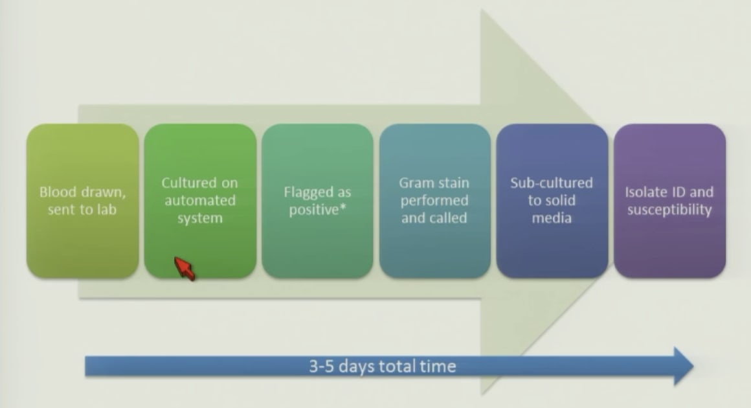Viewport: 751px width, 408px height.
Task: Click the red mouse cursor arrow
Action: (x=185, y=268)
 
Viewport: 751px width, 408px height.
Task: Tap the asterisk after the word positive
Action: (x=342, y=207)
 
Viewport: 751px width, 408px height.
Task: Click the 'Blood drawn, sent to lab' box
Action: (x=83, y=201)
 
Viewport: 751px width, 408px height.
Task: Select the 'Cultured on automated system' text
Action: (x=199, y=200)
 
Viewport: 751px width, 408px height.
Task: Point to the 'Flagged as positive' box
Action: (x=317, y=201)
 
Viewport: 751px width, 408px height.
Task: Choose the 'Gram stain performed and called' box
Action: (x=435, y=201)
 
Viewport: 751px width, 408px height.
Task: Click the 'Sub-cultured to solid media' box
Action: (x=552, y=201)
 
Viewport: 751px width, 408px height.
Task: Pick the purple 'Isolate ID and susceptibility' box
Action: (x=669, y=201)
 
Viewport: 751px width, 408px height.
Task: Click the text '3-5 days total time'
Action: (x=382, y=367)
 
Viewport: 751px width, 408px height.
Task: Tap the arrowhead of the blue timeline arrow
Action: (x=684, y=367)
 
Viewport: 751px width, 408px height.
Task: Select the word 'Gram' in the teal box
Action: (x=415, y=183)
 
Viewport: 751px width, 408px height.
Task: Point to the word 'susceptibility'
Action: (x=669, y=210)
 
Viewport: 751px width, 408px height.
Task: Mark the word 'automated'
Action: (x=200, y=200)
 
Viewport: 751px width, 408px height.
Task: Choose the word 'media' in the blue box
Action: (x=552, y=218)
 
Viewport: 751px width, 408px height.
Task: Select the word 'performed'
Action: (x=434, y=201)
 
